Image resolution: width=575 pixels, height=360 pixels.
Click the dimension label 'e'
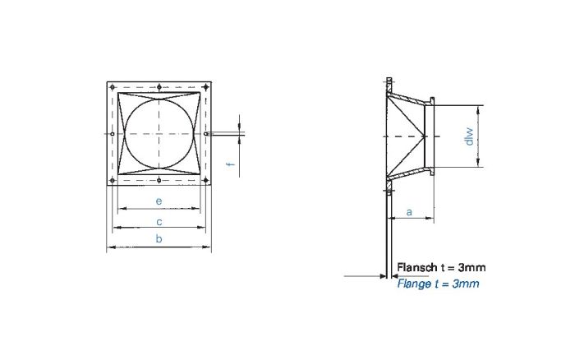click(x=159, y=201)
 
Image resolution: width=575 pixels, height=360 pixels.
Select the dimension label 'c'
click(x=159, y=221)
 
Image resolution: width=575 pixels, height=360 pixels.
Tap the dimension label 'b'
click(x=159, y=238)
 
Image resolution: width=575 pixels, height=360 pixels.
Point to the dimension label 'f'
click(x=231, y=164)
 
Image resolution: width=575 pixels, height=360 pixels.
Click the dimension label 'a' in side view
click(x=409, y=212)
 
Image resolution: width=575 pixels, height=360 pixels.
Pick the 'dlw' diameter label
click(x=470, y=136)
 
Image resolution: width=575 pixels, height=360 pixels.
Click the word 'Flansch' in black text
click(x=416, y=267)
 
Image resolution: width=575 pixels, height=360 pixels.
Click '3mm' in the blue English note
click(x=466, y=284)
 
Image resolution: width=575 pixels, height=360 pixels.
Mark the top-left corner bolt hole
click(x=113, y=88)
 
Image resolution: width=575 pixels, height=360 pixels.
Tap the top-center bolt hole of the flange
click(x=159, y=88)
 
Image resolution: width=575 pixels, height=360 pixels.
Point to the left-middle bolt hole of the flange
click(x=113, y=134)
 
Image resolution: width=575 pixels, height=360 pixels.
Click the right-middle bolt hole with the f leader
click(x=205, y=134)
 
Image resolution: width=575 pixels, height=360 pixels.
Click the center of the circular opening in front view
click(x=159, y=134)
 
